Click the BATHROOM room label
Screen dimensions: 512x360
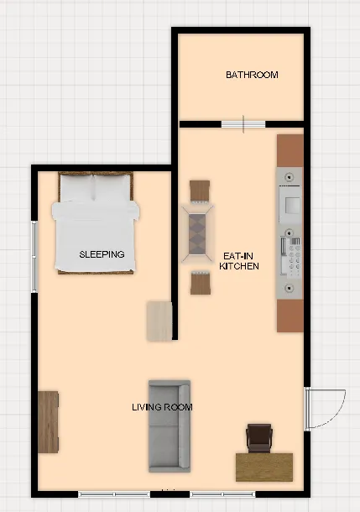(252, 75)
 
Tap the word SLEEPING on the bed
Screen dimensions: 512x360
(102, 253)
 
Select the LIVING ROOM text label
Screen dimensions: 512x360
(162, 408)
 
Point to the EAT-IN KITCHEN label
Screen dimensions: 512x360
(239, 260)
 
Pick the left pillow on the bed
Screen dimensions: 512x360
(75, 187)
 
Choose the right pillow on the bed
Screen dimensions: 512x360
(112, 187)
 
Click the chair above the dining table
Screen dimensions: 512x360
(201, 191)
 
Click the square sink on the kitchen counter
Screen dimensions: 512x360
(291, 204)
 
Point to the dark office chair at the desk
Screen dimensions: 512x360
(259, 437)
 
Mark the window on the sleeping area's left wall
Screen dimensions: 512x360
(34, 256)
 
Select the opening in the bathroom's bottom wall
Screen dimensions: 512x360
(243, 125)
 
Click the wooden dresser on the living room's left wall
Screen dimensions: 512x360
(48, 421)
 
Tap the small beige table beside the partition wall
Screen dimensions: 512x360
(159, 320)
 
